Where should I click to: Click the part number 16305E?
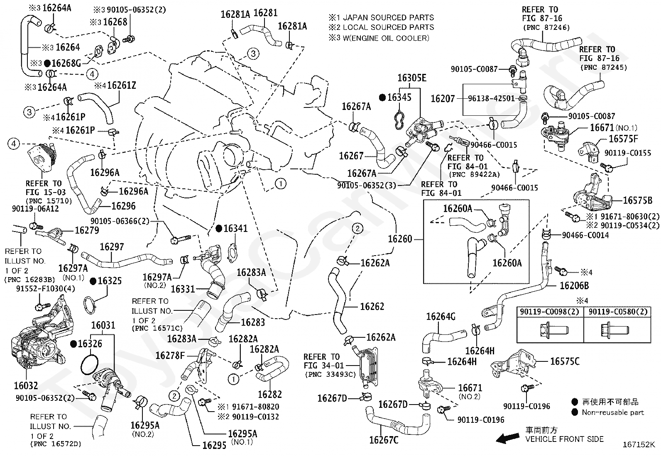[411, 78]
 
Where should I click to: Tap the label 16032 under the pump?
[26, 385]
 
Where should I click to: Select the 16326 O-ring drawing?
[89, 364]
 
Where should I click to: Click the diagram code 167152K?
[639, 444]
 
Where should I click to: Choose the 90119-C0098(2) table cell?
[550, 325]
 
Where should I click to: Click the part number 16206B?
[574, 285]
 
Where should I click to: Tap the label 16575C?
[565, 361]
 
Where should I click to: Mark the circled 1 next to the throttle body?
[280, 184]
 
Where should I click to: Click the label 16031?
[103, 325]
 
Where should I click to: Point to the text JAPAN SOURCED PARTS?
[388, 18]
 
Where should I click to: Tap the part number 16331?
[183, 289]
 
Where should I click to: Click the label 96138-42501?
[491, 98]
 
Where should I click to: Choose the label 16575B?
[638, 200]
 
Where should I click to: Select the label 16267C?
[384, 440]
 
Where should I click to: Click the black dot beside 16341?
[219, 228]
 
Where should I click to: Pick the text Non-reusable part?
[612, 412]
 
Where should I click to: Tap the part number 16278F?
[170, 356]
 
